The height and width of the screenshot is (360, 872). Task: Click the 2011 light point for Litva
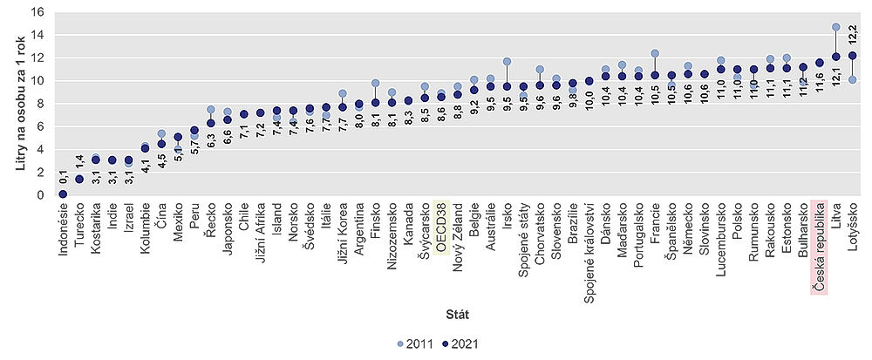tap(835, 27)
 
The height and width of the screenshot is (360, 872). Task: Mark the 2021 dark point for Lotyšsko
tap(852, 56)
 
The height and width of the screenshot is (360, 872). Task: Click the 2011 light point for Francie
tap(655, 53)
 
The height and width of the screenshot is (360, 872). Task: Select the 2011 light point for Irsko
tap(507, 62)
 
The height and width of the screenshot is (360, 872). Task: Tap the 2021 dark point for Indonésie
tap(63, 194)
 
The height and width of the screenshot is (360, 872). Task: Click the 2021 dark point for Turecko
tap(79, 180)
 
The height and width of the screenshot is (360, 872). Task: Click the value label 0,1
tap(63, 178)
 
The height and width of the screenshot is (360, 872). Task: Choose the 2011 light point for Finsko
tap(375, 84)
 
